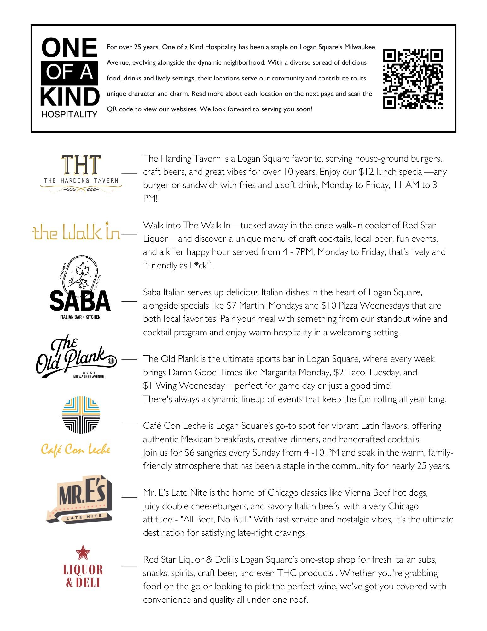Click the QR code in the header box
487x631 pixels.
point(413,79)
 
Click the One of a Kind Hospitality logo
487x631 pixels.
point(69,78)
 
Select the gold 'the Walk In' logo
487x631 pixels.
point(77,232)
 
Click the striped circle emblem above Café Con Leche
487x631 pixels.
point(81,415)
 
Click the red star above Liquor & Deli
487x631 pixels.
point(83,552)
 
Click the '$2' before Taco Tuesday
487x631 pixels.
point(339,373)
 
